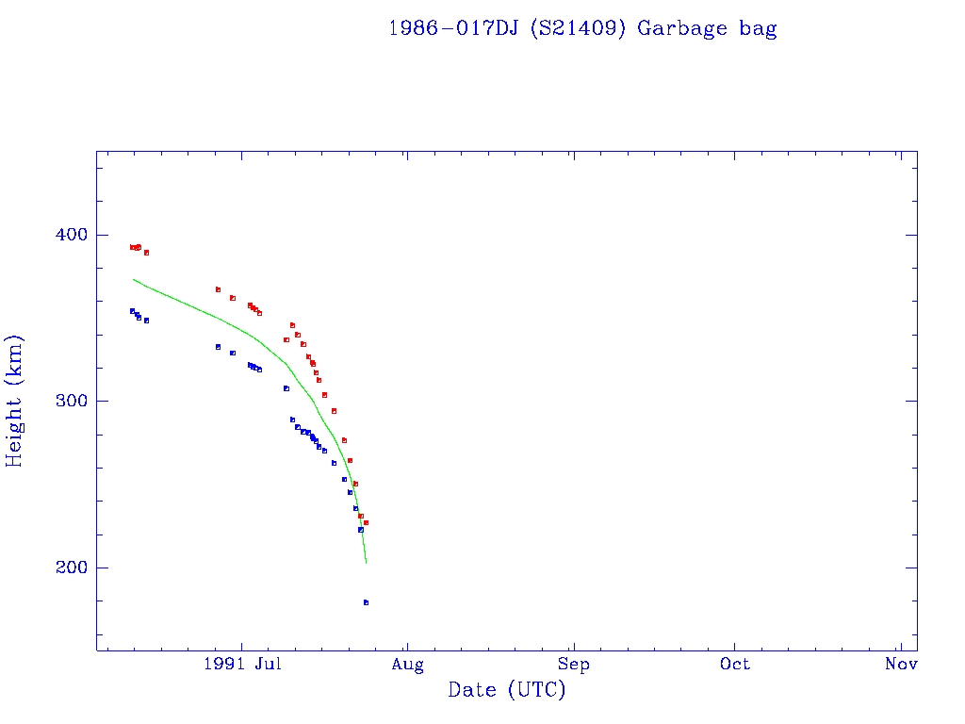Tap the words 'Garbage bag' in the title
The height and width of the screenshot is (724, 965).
[707, 28]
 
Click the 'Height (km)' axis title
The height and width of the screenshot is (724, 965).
[15, 401]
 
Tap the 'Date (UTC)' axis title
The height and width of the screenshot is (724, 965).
[507, 690]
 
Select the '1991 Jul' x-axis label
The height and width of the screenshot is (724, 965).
[242, 665]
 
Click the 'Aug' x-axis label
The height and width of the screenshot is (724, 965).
[407, 665]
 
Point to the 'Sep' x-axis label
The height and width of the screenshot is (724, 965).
[572, 665]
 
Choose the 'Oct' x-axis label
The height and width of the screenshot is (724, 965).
[735, 665]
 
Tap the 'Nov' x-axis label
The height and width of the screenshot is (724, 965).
[901, 665]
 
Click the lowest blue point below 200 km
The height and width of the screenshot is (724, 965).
[366, 602]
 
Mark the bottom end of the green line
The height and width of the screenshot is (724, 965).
[366, 563]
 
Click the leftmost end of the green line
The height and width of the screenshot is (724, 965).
[134, 279]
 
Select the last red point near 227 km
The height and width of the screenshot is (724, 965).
[366, 522]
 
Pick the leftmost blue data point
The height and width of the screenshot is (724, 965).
[132, 310]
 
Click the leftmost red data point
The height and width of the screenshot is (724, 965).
[132, 247]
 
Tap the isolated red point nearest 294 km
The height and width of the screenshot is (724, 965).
[334, 411]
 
